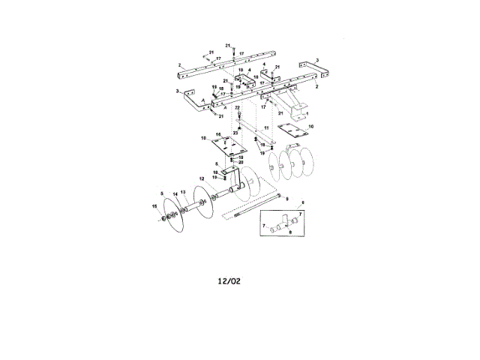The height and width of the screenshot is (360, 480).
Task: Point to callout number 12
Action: tap(202, 178)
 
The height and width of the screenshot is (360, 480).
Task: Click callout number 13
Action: tap(183, 192)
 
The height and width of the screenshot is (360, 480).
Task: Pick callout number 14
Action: tap(175, 194)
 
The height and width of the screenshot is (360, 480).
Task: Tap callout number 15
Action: tap(154, 206)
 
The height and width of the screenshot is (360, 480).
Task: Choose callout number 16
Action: tap(219, 135)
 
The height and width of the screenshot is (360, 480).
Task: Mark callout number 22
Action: tap(237, 109)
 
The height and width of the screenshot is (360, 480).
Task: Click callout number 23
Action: tap(235, 132)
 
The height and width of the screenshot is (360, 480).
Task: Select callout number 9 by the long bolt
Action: tap(288, 196)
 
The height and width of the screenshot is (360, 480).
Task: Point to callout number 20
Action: tap(241, 162)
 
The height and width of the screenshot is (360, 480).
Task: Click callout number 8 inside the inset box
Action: tap(291, 232)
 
